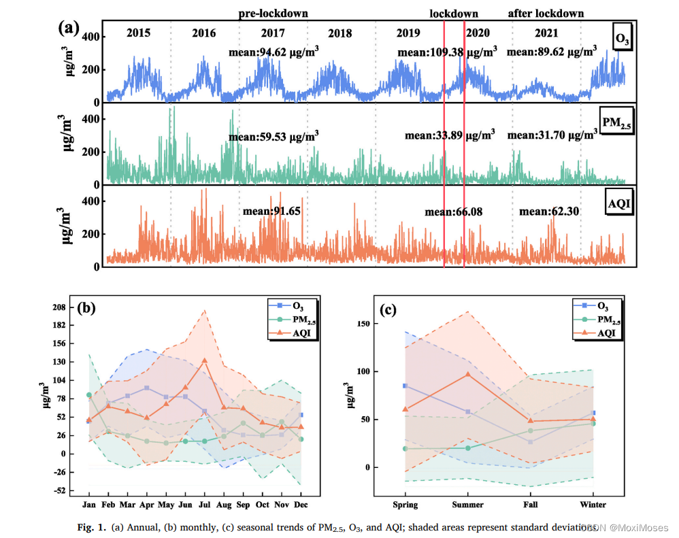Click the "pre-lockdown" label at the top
coord(273,13)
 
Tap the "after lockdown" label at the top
coord(546,14)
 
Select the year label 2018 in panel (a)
coord(339,33)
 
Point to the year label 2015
coord(138,33)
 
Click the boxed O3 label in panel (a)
coord(622,39)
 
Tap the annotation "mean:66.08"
coord(453,212)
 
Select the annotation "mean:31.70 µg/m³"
coord(552,135)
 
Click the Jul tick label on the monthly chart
coord(204,505)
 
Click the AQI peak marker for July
coord(204,360)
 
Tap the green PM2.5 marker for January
coord(89,395)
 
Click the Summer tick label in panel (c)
coord(467,505)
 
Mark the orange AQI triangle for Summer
coord(467,374)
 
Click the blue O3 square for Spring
coord(405,386)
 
